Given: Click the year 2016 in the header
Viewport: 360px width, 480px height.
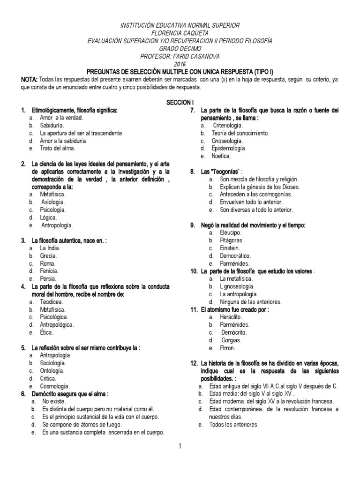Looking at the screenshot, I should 180,64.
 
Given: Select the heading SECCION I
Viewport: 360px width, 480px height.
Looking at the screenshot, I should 180,102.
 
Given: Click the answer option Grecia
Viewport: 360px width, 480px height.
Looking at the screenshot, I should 48,256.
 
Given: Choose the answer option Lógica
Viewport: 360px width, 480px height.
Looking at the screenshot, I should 49,217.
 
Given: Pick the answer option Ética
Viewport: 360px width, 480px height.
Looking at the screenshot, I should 47,332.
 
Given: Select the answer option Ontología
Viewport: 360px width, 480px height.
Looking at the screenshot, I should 53,370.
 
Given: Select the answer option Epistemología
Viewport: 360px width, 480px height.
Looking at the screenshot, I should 229,148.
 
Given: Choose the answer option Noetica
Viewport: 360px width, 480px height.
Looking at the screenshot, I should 221,156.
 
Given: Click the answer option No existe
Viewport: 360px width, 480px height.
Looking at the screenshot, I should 52,402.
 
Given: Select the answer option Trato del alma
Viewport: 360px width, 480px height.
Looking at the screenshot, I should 58,148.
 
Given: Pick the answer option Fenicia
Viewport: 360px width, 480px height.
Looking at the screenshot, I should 49,271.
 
